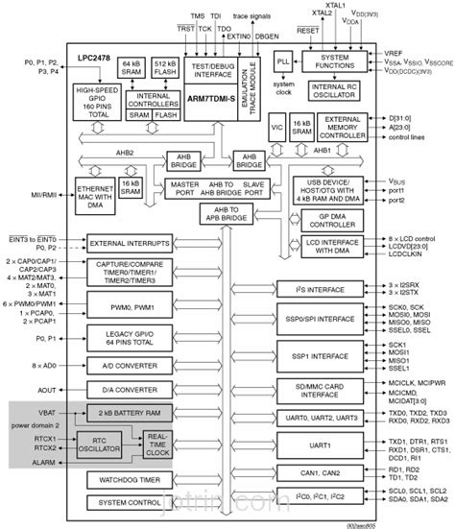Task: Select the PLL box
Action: pos(282,60)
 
